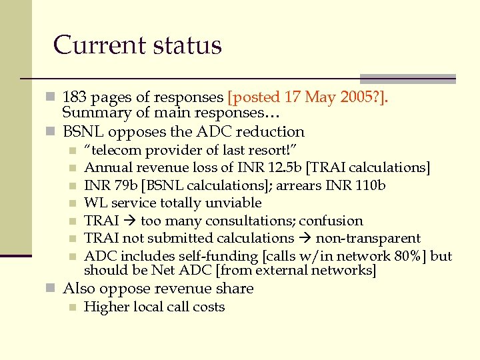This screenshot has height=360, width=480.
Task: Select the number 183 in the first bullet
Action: coord(75,97)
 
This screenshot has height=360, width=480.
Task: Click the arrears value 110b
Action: coord(370,185)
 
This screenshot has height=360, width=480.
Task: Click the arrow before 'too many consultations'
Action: coord(128,221)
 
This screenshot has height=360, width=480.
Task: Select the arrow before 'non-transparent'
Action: coord(305,239)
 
